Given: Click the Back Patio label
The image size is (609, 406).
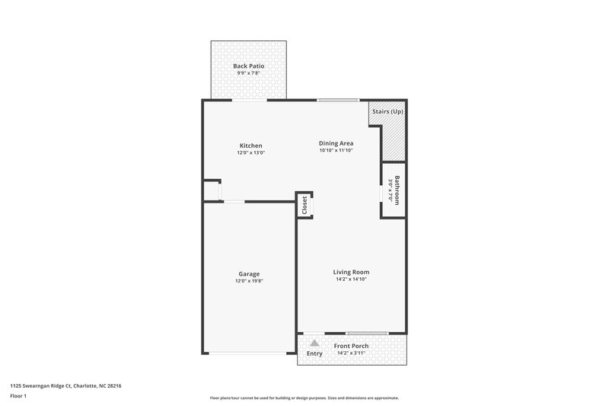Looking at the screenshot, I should tap(248, 66).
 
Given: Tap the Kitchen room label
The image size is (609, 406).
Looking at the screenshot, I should tap(250, 145).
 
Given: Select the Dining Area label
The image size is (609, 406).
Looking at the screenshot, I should tap(336, 142).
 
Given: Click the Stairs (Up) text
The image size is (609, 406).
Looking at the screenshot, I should tap(387, 112).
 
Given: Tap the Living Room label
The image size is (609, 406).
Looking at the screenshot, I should tap(351, 272).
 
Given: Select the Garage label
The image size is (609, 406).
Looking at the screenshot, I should tap(248, 273).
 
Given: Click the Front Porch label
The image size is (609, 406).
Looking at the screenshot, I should tap(352, 346).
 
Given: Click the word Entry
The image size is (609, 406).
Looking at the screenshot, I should tap(314, 353).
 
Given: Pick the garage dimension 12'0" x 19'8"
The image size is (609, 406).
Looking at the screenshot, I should tap(249, 281).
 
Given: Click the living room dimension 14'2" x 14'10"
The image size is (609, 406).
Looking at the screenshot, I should tap(351, 280).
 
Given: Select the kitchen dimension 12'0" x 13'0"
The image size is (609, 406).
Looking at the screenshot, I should tap(250, 153).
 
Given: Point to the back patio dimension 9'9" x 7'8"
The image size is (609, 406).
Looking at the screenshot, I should tap(248, 73).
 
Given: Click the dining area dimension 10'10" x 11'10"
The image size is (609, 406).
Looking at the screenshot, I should tap(336, 150).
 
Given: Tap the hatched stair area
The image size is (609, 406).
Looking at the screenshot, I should tap(393, 137).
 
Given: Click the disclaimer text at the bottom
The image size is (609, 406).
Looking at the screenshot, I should tap(304, 398).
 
